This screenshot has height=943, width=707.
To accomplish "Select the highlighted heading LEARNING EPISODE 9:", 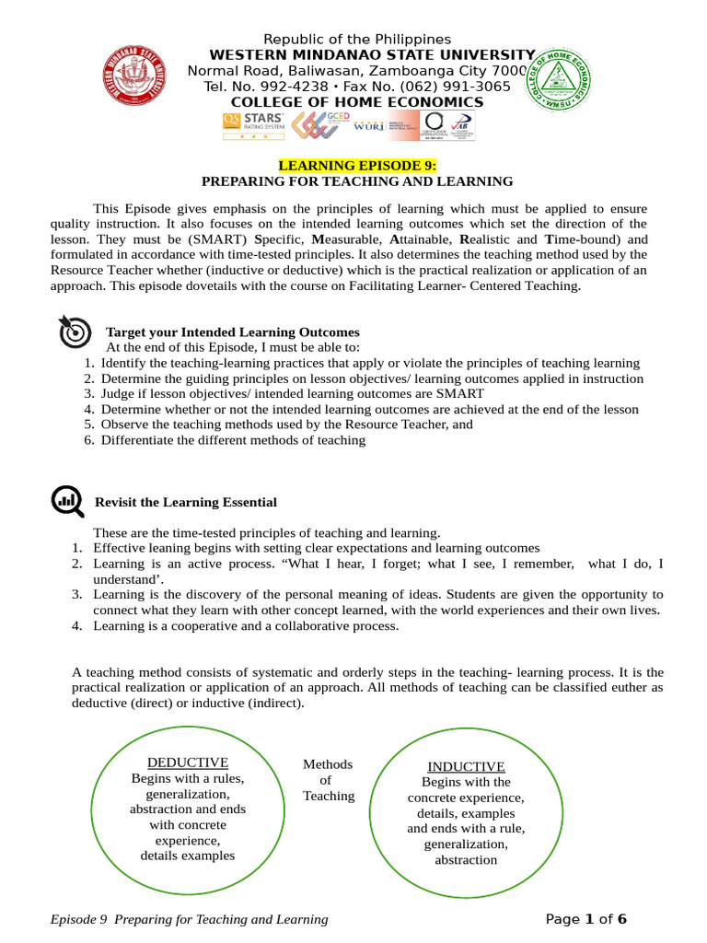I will (357, 165).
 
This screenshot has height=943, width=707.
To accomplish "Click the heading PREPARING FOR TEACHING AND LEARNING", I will (357, 181).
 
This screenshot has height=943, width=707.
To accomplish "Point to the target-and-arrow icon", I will (74, 332).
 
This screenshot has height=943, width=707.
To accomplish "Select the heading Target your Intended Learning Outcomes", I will (233, 332).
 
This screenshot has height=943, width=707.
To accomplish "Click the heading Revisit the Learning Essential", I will (186, 502).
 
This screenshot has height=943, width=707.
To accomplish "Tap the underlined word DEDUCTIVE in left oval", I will (188, 763).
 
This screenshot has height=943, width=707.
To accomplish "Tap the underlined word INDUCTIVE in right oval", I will (466, 766).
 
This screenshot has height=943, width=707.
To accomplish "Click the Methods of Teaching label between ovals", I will (328, 780).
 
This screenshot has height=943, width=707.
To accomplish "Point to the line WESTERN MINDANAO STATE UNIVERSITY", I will (372, 55).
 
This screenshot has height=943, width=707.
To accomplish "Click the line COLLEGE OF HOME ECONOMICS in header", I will (356, 102).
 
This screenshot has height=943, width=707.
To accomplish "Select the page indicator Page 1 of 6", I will (585, 919).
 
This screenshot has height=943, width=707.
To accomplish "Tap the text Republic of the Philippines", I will (357, 39).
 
